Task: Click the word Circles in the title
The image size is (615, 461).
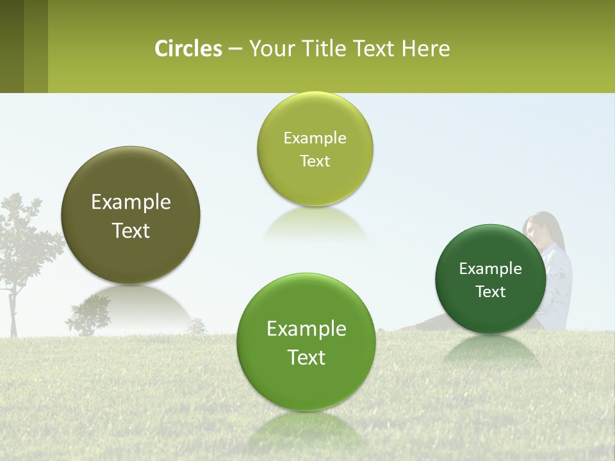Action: point(188,49)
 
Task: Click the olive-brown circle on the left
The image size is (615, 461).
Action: point(131,215)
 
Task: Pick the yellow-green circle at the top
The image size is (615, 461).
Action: point(315,149)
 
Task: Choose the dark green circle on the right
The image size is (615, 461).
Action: point(490,279)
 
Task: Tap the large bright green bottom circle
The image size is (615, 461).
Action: point(306,342)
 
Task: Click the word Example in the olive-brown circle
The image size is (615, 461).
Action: point(131,202)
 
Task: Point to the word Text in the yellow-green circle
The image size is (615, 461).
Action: point(315,161)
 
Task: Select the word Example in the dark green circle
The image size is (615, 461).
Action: point(490,268)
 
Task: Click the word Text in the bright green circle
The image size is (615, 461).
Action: point(306,357)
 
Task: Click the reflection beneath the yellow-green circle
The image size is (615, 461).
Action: point(315,223)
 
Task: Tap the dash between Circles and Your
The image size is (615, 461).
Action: point(234,49)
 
